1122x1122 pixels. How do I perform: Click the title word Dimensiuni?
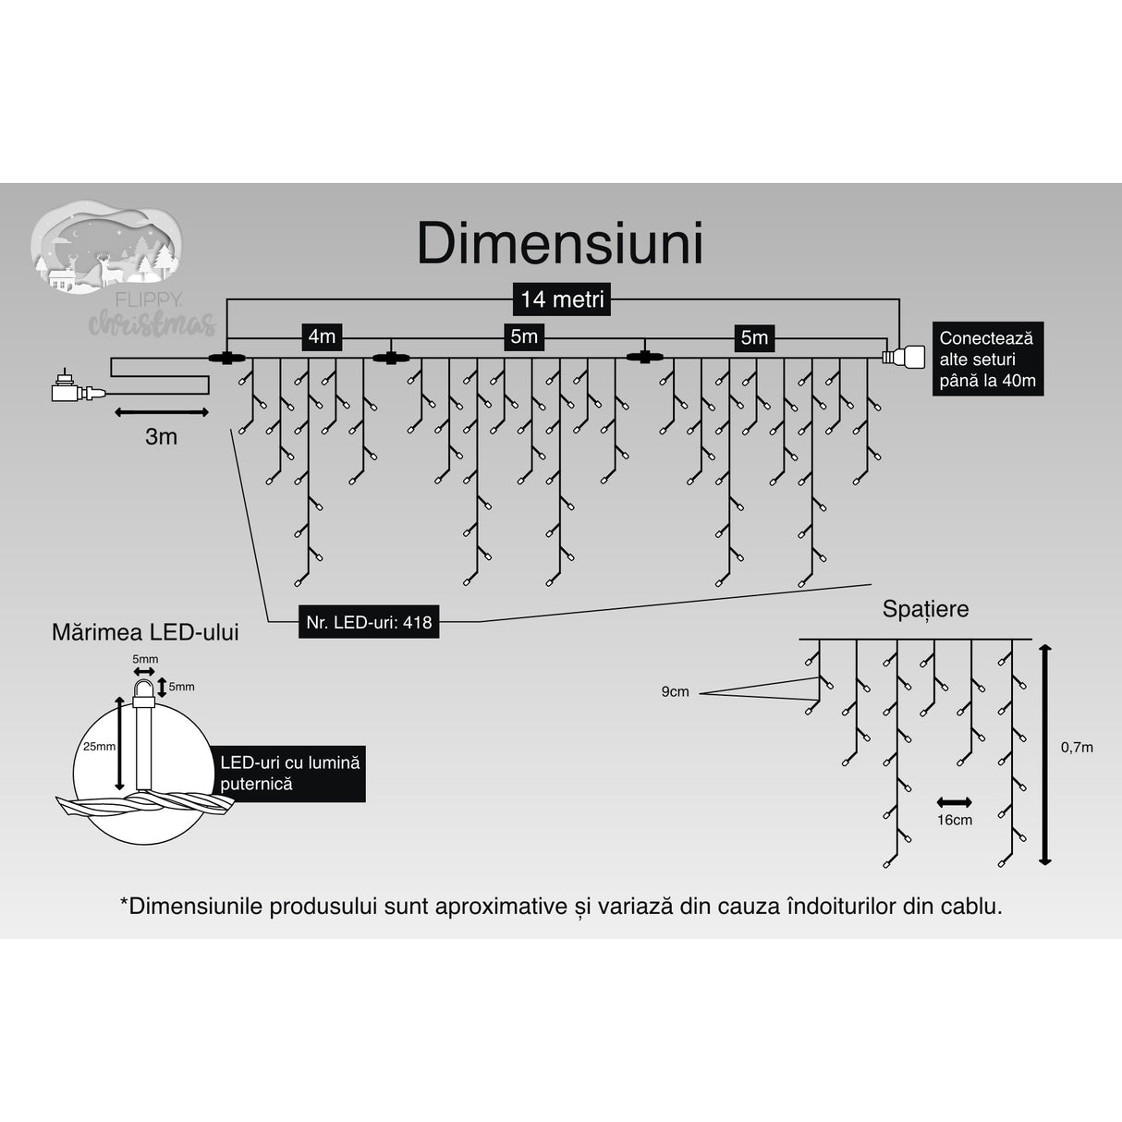(560, 244)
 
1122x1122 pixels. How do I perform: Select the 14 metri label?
(562, 299)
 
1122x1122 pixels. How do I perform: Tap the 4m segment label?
(322, 336)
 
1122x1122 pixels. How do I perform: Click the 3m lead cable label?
(161, 436)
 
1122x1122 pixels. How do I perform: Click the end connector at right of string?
(904, 356)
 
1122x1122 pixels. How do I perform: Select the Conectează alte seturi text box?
(987, 360)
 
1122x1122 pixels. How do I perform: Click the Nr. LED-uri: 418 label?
(370, 622)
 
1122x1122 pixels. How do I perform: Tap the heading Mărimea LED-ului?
(145, 632)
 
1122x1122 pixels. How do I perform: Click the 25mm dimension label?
(98, 746)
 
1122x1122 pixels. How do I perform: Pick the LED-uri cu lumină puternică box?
(289, 774)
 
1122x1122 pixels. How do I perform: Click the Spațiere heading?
(925, 609)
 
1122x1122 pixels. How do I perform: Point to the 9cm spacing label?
(675, 691)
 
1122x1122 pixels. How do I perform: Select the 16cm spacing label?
(954, 820)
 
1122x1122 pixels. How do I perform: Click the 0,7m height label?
(1077, 747)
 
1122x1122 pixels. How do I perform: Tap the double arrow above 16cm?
(954, 801)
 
